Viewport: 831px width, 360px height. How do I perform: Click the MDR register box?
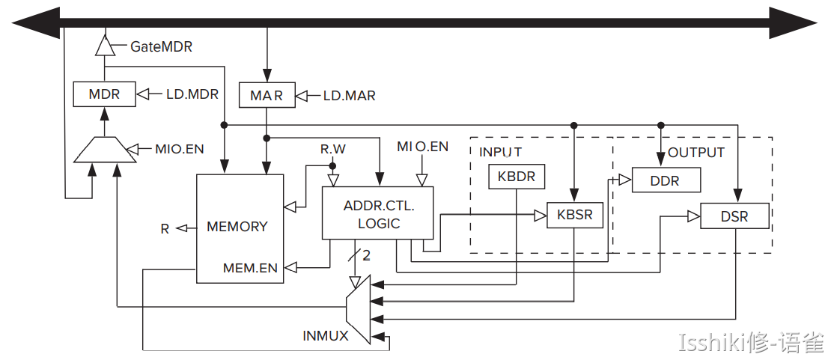click(105, 94)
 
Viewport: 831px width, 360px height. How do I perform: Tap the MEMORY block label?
click(237, 226)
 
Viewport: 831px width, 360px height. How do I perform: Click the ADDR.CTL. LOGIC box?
click(378, 214)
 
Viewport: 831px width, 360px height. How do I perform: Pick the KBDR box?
click(517, 177)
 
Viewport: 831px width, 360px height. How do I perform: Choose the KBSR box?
click(574, 215)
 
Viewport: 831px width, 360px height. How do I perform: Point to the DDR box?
click(666, 180)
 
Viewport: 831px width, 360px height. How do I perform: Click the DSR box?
click(734, 216)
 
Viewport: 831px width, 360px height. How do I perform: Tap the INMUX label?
click(326, 336)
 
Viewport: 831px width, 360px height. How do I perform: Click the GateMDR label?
click(161, 46)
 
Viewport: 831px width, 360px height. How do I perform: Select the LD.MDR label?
click(192, 94)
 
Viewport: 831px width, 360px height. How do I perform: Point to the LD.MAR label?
click(349, 96)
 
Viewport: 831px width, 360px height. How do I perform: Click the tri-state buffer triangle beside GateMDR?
click(105, 46)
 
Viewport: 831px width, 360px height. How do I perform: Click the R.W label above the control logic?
click(333, 149)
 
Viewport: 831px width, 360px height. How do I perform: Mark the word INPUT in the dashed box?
click(500, 152)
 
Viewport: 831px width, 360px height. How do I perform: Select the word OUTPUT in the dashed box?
click(696, 152)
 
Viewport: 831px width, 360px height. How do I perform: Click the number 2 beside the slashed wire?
click(367, 256)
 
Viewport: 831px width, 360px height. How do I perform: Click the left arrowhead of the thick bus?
click(34, 23)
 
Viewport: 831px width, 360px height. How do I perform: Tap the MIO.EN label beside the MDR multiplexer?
click(179, 149)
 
